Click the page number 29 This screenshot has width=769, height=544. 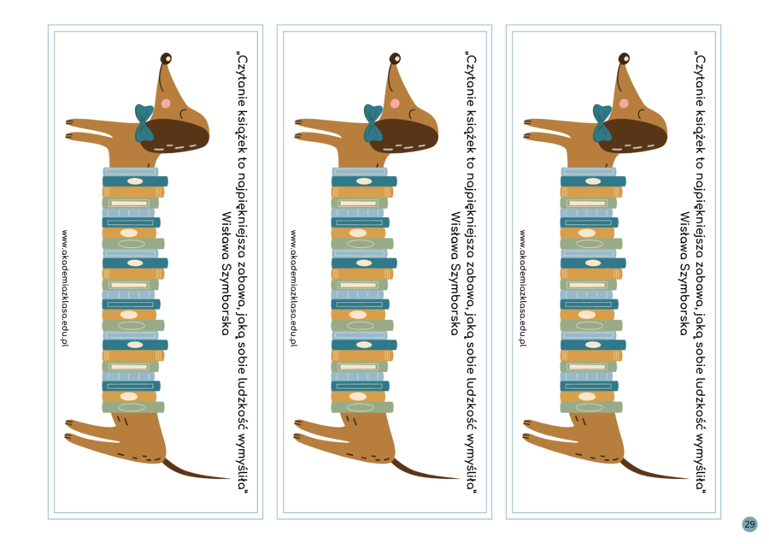tap(749, 524)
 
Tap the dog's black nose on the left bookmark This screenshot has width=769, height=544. tap(167, 58)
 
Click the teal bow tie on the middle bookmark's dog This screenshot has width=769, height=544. tap(373, 123)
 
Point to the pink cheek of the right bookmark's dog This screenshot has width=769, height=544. tap(624, 103)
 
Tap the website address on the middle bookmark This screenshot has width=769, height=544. tap(293, 288)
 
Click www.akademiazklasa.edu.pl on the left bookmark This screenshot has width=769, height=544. tap(64, 288)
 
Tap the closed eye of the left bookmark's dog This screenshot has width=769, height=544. tap(183, 114)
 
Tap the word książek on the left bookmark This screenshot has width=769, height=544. tap(242, 129)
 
